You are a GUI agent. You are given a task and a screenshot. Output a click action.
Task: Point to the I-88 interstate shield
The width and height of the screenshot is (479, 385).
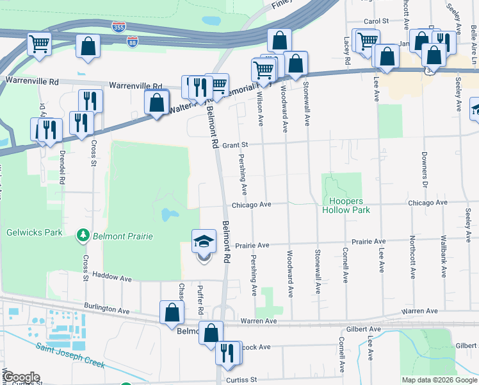coord(132,41)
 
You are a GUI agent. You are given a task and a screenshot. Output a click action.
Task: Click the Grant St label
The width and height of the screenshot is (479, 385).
coord(235,146)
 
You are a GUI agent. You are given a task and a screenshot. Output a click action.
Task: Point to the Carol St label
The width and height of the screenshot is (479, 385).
coord(377,21)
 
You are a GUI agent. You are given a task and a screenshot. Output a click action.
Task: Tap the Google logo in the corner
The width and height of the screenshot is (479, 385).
coord(20,377)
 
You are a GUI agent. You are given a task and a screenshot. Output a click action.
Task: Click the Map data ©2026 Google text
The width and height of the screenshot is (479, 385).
coord(439,380)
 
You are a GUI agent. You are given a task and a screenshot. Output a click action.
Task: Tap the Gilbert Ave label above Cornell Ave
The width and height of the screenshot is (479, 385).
coord(363,329)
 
